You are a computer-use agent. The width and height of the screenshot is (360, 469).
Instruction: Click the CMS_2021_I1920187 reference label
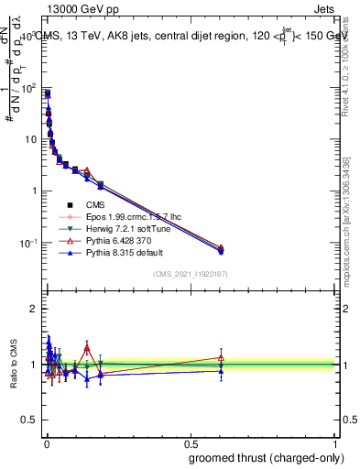point(190,273)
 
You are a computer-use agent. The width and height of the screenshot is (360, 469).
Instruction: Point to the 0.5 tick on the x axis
point(191,443)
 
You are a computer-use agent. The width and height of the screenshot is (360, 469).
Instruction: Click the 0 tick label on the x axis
point(46,443)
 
